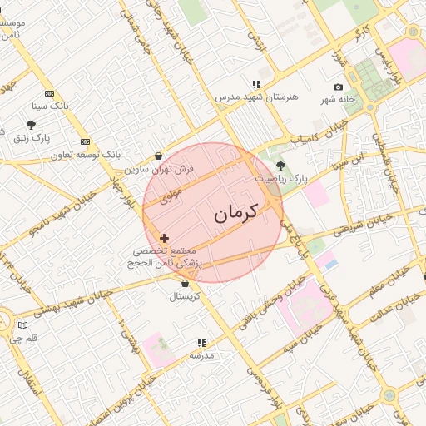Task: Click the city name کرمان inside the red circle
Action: (x=236, y=211)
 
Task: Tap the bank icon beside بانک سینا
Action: (x=49, y=94)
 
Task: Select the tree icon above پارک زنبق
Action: (x=31, y=126)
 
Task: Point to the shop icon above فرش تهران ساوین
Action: (x=159, y=156)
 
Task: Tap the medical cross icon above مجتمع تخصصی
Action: (x=163, y=238)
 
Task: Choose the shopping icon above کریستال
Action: (x=185, y=284)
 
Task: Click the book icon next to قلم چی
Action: (x=22, y=324)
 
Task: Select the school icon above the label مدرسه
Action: (x=201, y=343)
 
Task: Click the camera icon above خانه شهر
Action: (x=338, y=87)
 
